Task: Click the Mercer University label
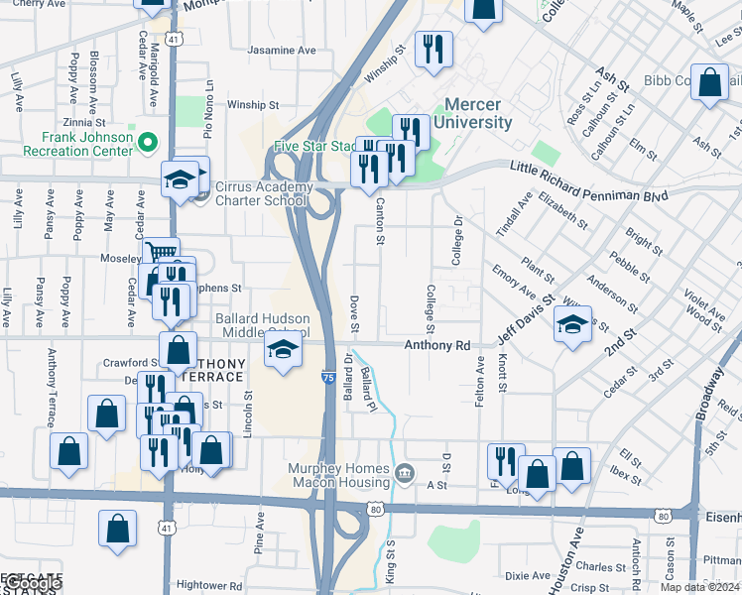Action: click(x=478, y=113)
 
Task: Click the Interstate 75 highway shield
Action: click(x=328, y=378)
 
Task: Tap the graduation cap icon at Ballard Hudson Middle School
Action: click(x=283, y=349)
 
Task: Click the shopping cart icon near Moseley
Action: click(x=160, y=253)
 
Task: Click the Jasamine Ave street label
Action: click(x=282, y=50)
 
